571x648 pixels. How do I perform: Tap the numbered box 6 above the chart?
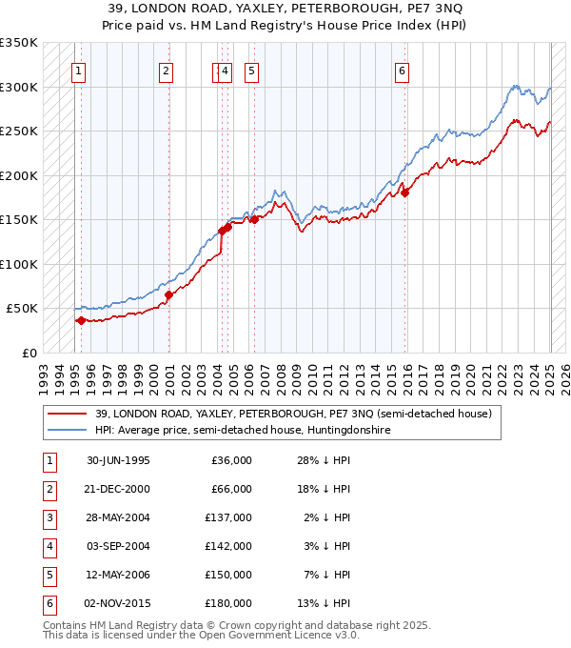[403, 70]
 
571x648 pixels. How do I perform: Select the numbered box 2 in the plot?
[166, 70]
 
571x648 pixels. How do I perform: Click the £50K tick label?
[22, 309]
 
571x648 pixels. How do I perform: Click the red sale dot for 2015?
[404, 192]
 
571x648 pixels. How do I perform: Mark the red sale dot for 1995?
[81, 320]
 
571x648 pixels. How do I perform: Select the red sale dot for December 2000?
[168, 294]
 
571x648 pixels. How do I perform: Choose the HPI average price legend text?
[243, 431]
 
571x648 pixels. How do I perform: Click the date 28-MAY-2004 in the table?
[118, 517]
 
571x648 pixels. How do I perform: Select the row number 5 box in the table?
[49, 575]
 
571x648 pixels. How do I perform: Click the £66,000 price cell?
[231, 489]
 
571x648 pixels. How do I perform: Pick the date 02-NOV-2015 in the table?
[118, 603]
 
